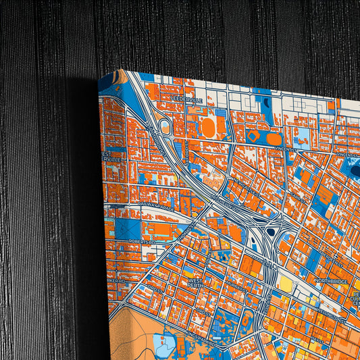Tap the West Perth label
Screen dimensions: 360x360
[195, 282]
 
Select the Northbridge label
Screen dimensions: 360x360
[330, 281]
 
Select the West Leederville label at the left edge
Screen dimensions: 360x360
[107, 157]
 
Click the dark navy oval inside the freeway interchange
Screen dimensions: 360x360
[270, 232]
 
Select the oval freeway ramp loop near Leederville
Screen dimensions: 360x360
[165, 127]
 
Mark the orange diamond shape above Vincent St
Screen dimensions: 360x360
[253, 136]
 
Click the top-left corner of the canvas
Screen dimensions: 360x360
[99, 81]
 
